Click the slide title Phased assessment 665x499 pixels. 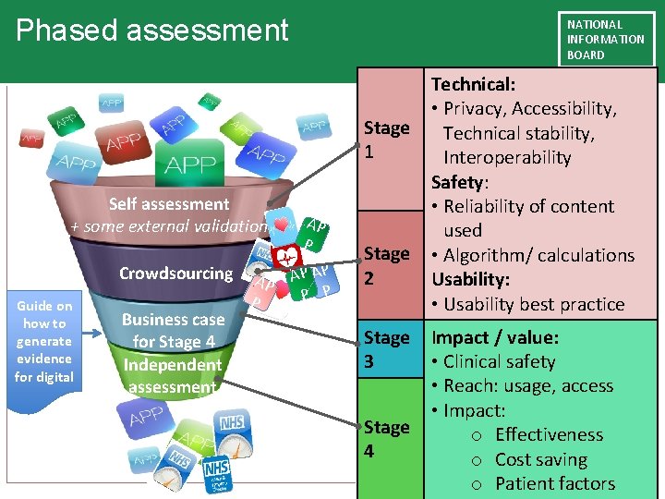click(152, 30)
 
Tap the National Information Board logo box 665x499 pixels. click(606, 39)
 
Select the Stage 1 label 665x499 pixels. click(386, 140)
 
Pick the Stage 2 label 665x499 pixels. click(386, 264)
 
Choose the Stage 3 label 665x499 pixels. click(386, 349)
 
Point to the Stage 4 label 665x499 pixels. click(386, 439)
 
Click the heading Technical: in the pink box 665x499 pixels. click(474, 84)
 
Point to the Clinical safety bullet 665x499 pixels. click(499, 361)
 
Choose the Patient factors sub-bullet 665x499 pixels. click(554, 483)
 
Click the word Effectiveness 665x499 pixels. click(549, 434)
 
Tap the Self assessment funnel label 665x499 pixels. click(169, 204)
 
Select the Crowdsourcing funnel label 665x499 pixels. click(175, 274)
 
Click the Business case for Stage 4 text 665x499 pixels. click(174, 330)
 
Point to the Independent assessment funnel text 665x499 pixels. click(173, 375)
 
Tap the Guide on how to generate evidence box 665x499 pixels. click(44, 341)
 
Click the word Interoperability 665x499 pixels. click(507, 157)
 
